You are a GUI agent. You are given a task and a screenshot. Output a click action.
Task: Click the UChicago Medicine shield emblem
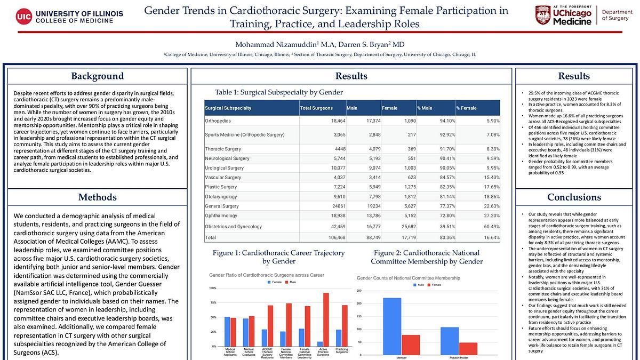pyautogui.click(x=543, y=16)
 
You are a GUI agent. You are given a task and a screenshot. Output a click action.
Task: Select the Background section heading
pyautogui.click(x=97, y=76)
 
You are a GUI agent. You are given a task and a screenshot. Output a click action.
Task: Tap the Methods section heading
pyautogui.click(x=97, y=198)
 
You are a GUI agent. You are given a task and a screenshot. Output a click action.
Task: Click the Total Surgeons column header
pyautogui.click(x=316, y=108)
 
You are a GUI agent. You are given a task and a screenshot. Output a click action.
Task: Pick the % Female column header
pyautogui.click(x=466, y=108)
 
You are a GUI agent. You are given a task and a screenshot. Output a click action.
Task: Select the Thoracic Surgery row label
pyautogui.click(x=223, y=149)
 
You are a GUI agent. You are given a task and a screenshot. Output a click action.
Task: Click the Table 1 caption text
pyautogui.click(x=278, y=92)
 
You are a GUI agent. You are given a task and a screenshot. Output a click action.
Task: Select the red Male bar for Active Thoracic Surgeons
pyautogui.click(x=326, y=319)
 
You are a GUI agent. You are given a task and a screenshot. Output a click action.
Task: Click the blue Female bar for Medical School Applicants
pyautogui.click(x=227, y=331)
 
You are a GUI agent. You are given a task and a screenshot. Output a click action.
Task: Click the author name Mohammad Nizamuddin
pyautogui.click(x=266, y=44)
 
